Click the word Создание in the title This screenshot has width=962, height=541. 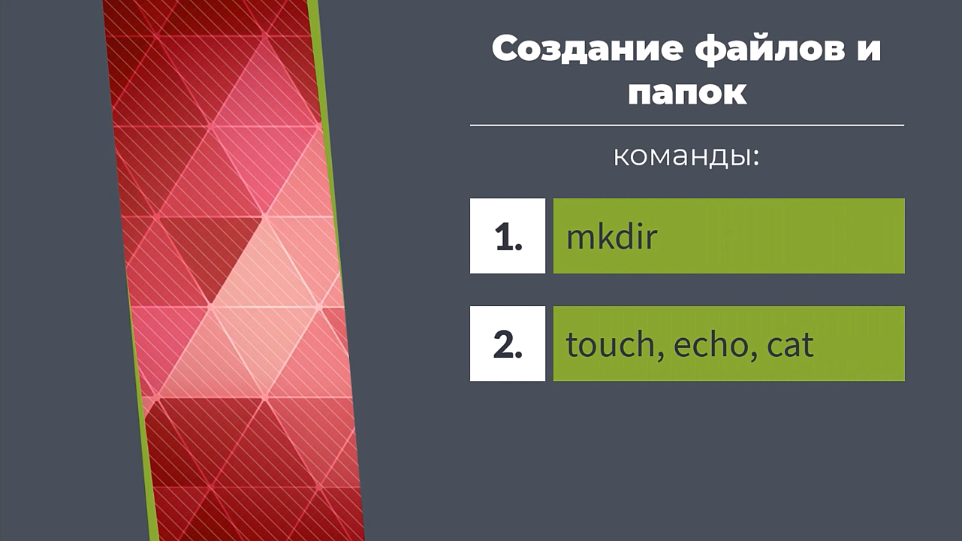[x=587, y=50]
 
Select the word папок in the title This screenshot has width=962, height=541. [x=687, y=92]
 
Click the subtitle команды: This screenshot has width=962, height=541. [x=686, y=157]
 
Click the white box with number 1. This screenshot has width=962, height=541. [x=508, y=236]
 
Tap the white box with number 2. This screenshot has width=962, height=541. [x=508, y=343]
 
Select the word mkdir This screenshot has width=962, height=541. [x=612, y=236]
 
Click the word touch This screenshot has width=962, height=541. [x=610, y=344]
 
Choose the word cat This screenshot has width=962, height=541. [x=790, y=345]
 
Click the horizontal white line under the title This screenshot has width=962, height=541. [x=687, y=125]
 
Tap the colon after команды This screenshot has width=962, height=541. [x=755, y=158]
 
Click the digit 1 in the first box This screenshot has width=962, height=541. [x=503, y=237]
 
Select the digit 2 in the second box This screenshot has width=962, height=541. [x=503, y=344]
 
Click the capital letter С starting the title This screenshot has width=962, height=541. [x=506, y=49]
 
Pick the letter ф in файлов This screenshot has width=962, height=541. [x=713, y=50]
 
